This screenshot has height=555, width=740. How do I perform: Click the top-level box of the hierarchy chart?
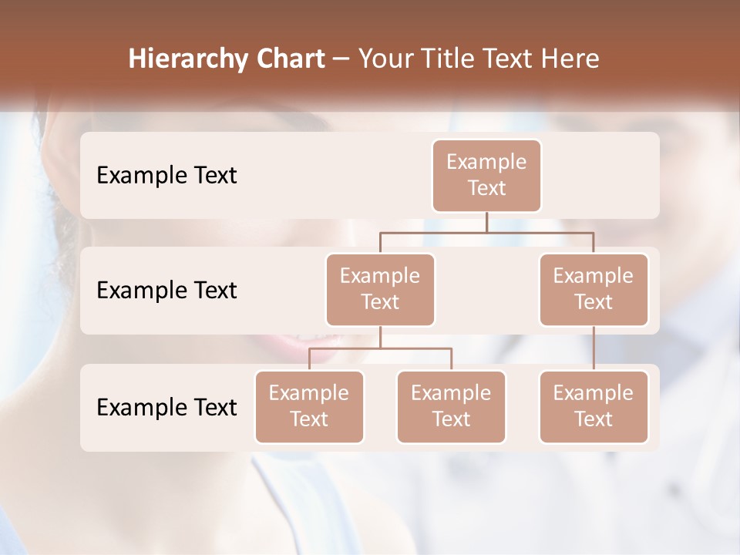tap(486, 176)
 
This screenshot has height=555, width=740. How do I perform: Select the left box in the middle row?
tap(380, 289)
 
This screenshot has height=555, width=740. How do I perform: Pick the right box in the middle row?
tap(594, 289)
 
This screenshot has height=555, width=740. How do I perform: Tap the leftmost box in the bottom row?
tap(309, 406)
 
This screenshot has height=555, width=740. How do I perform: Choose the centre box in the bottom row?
tap(451, 406)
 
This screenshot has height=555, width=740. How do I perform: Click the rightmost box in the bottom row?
tap(594, 406)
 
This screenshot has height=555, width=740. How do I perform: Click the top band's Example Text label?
tap(166, 175)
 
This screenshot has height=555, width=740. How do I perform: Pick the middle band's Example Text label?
tap(166, 290)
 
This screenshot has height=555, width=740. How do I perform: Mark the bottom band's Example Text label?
tap(166, 407)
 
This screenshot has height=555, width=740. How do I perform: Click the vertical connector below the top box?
tap(486, 222)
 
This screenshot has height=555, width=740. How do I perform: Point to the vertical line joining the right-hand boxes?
tap(594, 348)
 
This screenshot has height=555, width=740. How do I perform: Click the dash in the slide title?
tap(341, 59)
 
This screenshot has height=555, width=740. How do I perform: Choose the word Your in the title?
tap(385, 59)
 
